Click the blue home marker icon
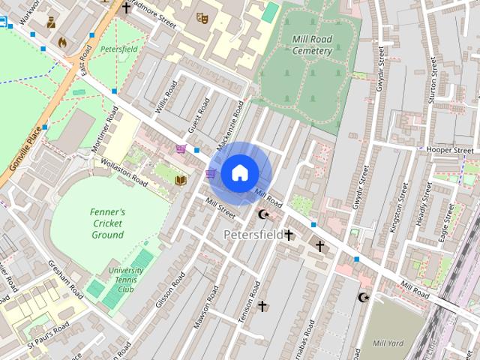click(239, 173)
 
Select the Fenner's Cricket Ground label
click(108, 223)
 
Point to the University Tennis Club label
click(125, 280)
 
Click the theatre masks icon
click(201, 16)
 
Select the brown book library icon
click(180, 180)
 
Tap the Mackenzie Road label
click(230, 124)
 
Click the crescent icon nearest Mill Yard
click(364, 298)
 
